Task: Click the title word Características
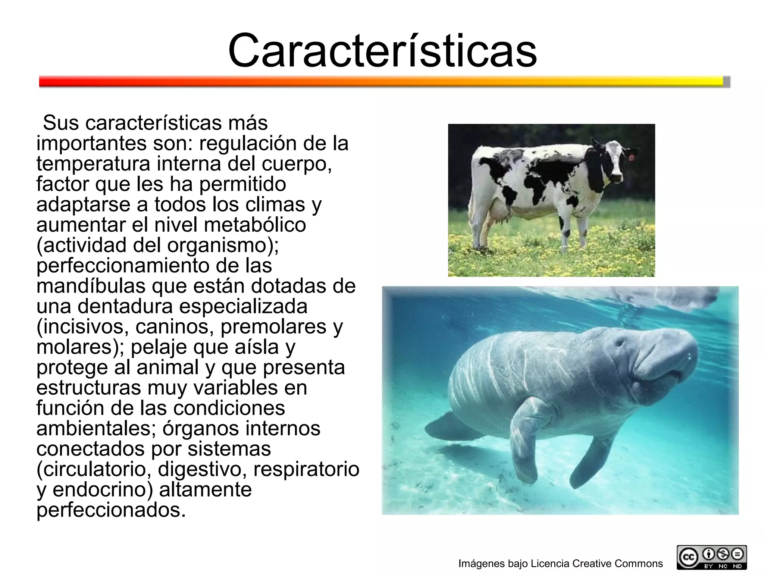[x=382, y=51]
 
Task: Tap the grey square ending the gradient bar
[x=726, y=82]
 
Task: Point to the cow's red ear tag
[x=631, y=157]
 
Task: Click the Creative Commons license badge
[x=712, y=557]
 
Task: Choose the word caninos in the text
[x=175, y=327]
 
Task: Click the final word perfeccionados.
[x=111, y=510]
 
